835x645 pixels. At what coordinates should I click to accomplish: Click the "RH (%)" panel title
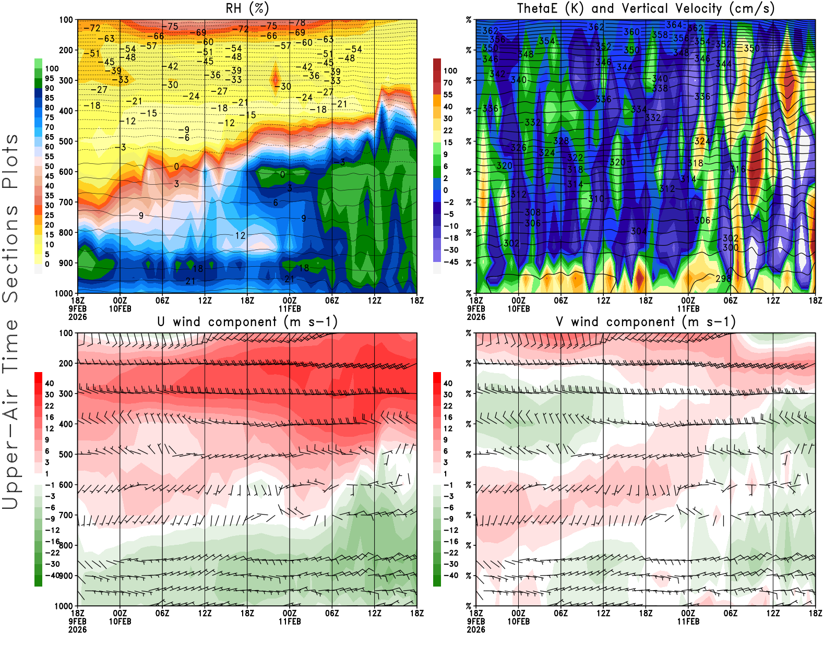247,8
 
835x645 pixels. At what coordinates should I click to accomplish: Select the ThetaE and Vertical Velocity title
646,8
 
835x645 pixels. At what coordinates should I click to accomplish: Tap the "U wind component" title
247,321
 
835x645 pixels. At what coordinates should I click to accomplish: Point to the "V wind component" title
646,321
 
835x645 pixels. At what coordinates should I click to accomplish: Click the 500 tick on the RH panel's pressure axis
66,141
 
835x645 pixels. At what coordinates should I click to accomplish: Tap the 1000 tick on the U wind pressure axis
64,606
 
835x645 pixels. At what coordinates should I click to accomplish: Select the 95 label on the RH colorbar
49,78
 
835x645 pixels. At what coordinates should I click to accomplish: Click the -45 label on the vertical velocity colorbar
450,262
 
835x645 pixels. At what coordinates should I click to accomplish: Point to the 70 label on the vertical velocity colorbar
448,82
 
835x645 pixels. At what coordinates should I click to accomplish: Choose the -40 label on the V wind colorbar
450,575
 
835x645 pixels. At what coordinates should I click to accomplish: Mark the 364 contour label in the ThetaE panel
674,25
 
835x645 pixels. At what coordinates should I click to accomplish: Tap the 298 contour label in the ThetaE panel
723,279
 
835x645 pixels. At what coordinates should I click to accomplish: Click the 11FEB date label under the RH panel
290,308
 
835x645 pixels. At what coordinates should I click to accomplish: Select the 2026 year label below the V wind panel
476,629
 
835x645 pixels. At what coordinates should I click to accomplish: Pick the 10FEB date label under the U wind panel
120,622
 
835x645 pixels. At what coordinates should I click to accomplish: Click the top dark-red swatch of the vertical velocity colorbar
437,65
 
